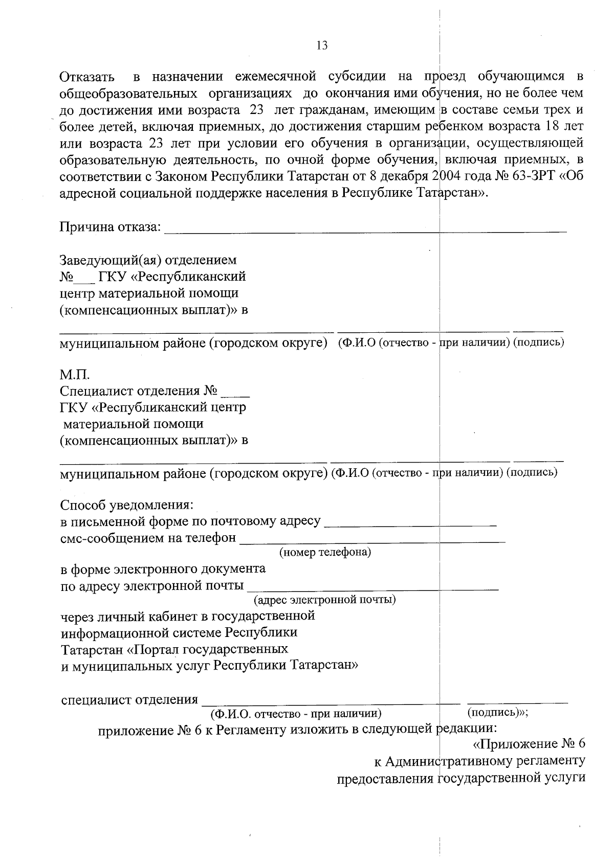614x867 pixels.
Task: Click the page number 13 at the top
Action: coord(322,45)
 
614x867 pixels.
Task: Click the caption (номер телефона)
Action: coord(325,553)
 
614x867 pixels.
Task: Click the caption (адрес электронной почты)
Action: coord(325,599)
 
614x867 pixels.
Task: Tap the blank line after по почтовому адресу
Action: coord(410,523)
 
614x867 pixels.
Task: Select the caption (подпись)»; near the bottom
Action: coord(498,712)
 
